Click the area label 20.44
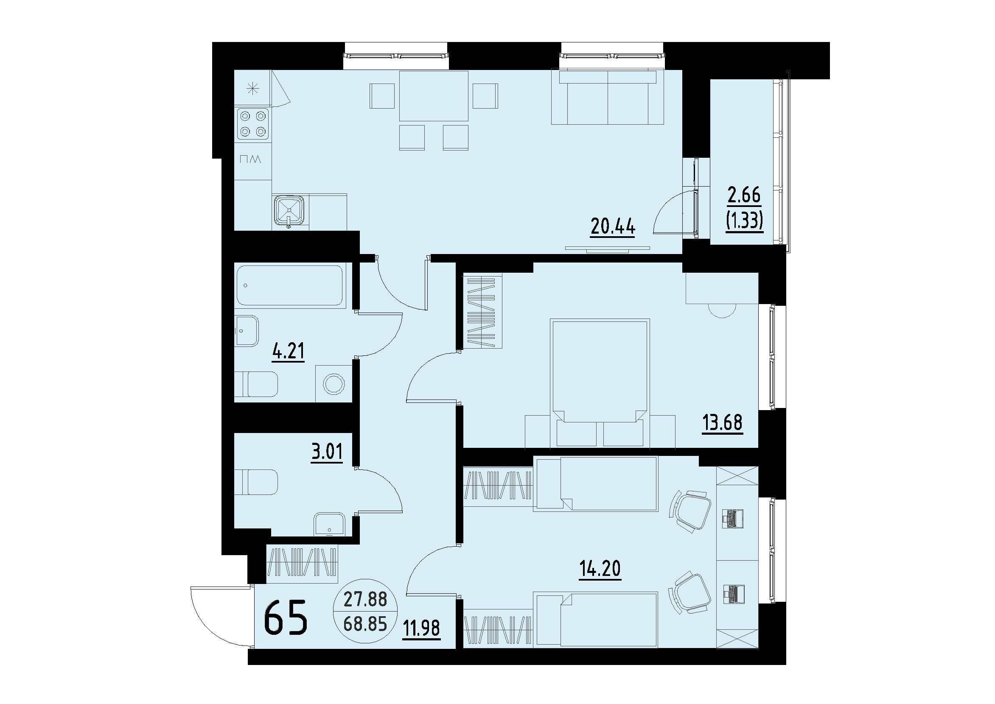612,226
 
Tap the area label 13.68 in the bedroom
723,422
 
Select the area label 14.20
600,568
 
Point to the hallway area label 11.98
421,629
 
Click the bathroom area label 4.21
288,351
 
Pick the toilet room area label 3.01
327,452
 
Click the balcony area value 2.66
744,196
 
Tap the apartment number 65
286,618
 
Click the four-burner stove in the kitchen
252,123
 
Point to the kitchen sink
290,211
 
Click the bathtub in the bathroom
290,285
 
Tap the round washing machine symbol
334,384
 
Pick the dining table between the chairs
433,96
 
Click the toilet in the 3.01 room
256,482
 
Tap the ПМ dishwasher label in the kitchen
250,159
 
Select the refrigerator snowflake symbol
252,89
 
